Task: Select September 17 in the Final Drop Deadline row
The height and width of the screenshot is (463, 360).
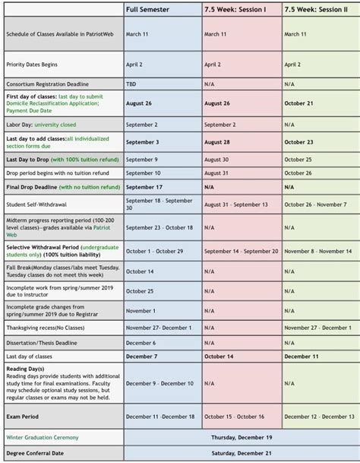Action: (x=144, y=186)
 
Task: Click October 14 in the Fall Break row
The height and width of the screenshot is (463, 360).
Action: (x=140, y=271)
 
